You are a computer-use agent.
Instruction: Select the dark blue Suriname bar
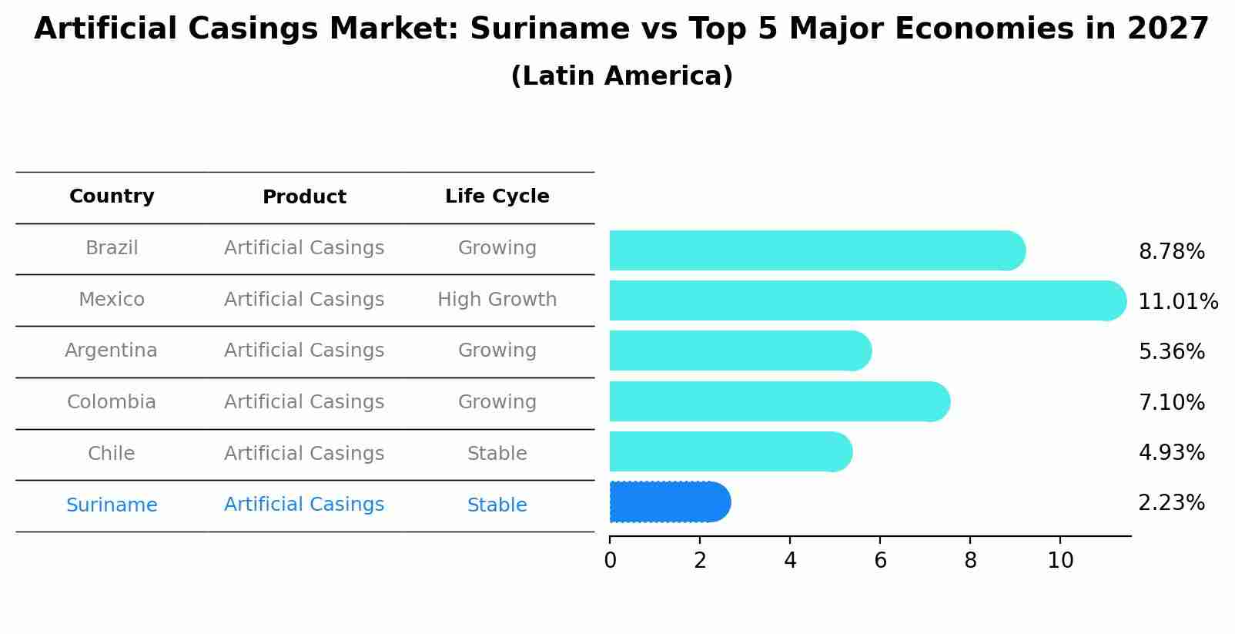click(x=668, y=502)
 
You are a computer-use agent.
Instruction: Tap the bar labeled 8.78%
click(x=816, y=250)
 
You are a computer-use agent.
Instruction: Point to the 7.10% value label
click(x=1171, y=402)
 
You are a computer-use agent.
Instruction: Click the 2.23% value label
click(x=1171, y=503)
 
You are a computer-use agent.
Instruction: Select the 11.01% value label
click(x=1177, y=301)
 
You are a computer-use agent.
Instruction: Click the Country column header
click(x=112, y=196)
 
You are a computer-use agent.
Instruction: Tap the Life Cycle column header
click(x=497, y=196)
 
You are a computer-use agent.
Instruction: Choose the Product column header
click(x=304, y=197)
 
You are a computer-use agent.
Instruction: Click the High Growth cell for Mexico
click(x=497, y=300)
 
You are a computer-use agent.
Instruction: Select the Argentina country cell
click(x=111, y=351)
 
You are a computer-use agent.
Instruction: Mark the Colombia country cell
click(x=111, y=402)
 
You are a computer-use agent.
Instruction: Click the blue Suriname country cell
click(x=111, y=505)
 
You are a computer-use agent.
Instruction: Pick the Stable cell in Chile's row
click(x=497, y=454)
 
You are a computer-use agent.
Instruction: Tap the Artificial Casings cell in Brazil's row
click(x=304, y=248)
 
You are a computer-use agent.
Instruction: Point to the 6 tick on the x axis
click(x=880, y=561)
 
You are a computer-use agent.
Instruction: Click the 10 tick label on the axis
click(x=1060, y=561)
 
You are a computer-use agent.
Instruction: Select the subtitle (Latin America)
click(x=621, y=76)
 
